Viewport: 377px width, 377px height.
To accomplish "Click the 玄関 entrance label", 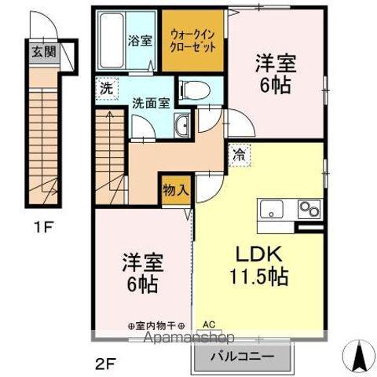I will (x=42, y=53).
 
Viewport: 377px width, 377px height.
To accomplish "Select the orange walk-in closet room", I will (x=194, y=40).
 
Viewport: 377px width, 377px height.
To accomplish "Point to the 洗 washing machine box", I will (x=105, y=89).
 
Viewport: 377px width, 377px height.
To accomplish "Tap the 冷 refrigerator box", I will (x=237, y=155).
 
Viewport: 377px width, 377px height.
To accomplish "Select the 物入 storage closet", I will (x=175, y=189).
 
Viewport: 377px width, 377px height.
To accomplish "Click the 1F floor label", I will (x=43, y=229).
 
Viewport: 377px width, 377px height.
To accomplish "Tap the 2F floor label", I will (x=103, y=363).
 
